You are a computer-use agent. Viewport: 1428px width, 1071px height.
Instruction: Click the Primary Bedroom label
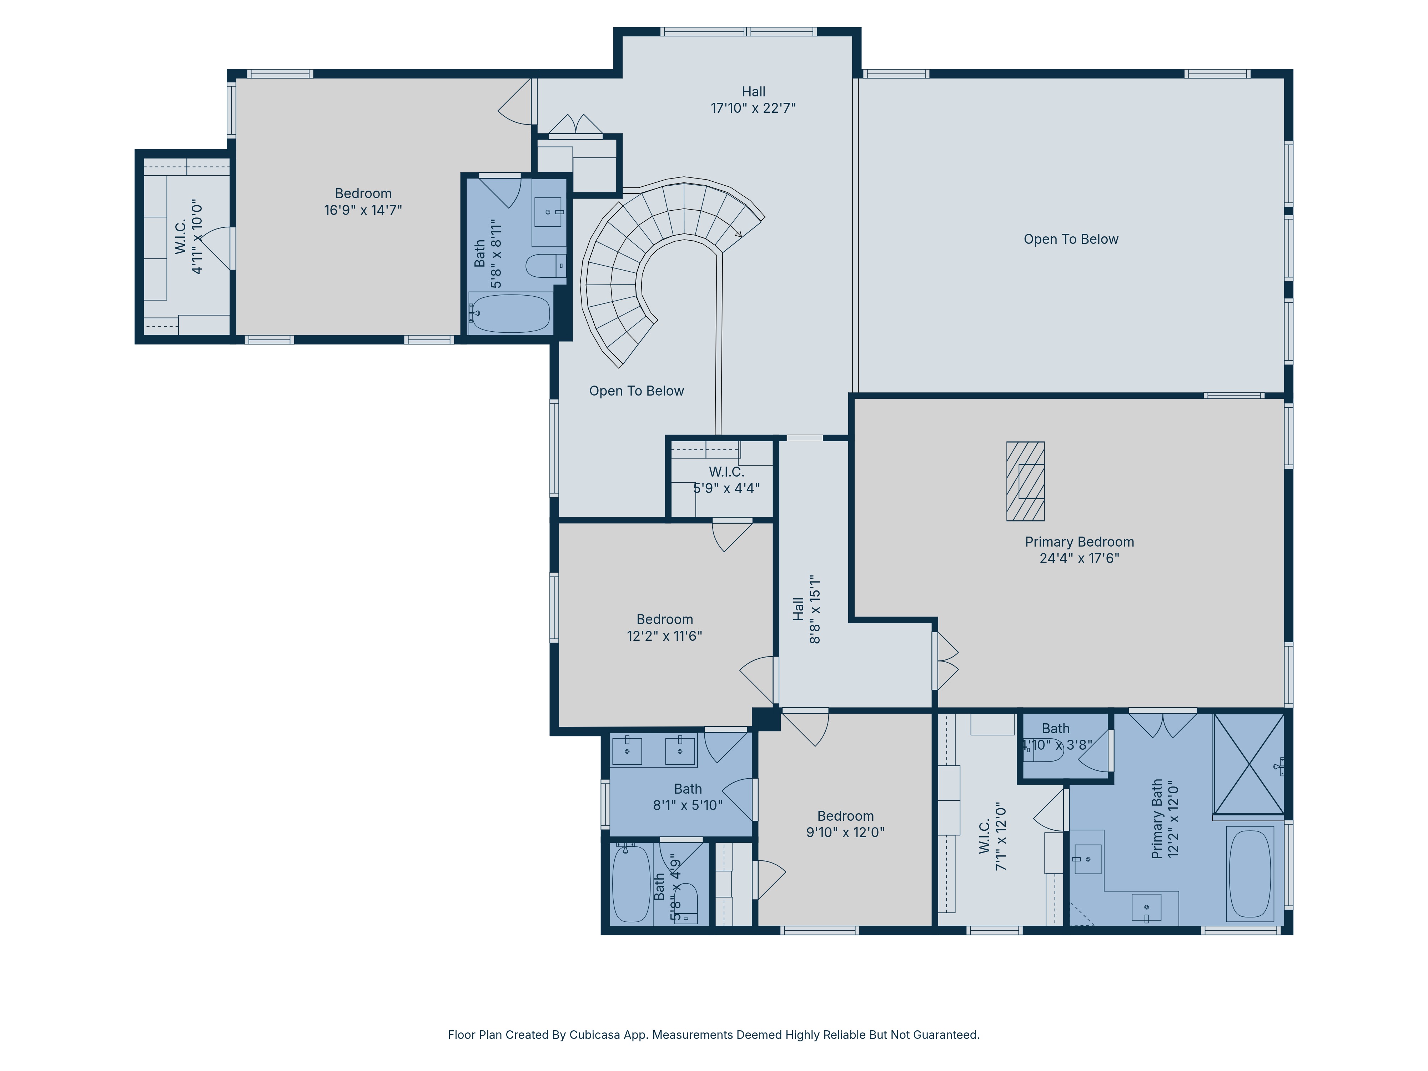[1080, 550]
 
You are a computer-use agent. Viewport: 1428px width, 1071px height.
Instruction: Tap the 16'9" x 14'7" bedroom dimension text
[363, 210]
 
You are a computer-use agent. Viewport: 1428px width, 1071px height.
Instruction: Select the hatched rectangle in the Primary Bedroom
[1025, 481]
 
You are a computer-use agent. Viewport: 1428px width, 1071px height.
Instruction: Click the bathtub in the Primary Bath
[1250, 874]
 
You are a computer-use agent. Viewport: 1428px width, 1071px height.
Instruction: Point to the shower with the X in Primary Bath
[1248, 764]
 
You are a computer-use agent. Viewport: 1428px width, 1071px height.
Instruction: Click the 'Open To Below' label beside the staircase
[637, 391]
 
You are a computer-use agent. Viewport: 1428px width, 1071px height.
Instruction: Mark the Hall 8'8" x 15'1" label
[807, 609]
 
